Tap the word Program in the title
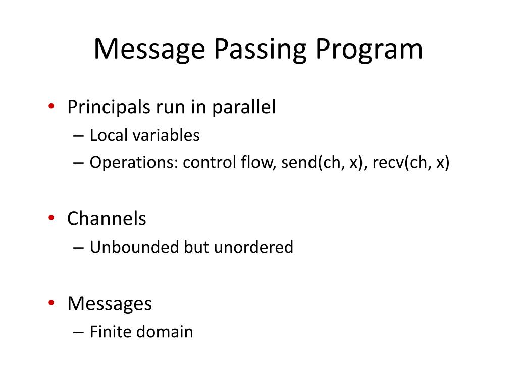click(370, 50)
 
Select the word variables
click(163, 135)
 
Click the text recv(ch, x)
click(411, 163)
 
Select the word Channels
click(107, 219)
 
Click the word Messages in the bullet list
click(110, 304)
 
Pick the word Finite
click(108, 332)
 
